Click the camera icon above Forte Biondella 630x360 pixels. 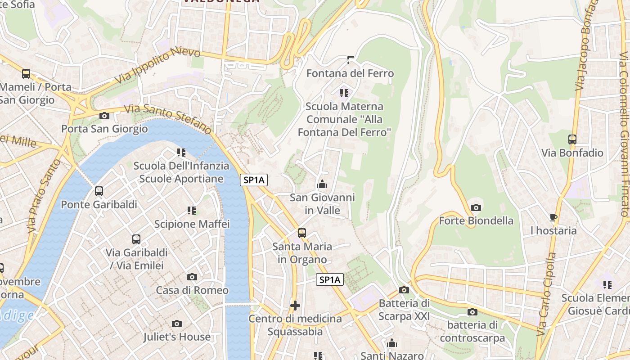point(476,207)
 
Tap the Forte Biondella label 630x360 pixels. point(476,220)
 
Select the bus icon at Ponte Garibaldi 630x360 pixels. point(99,191)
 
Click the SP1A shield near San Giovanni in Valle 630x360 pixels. point(254,180)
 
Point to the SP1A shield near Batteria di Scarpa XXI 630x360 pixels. point(330,280)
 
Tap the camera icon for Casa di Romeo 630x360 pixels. point(192,277)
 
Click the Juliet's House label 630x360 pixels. point(177,337)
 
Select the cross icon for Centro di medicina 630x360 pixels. point(295,306)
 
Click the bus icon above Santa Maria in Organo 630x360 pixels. point(302,233)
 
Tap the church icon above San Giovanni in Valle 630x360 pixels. point(322,184)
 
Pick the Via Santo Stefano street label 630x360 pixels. point(167,118)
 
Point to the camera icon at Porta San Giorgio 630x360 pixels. point(104,116)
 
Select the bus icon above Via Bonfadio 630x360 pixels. point(572,139)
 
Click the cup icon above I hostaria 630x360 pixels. point(553,218)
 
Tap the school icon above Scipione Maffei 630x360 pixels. point(192,210)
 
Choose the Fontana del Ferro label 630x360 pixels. point(350,73)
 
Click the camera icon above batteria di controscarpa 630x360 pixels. point(472,312)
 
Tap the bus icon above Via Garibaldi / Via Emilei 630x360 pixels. point(136,239)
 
